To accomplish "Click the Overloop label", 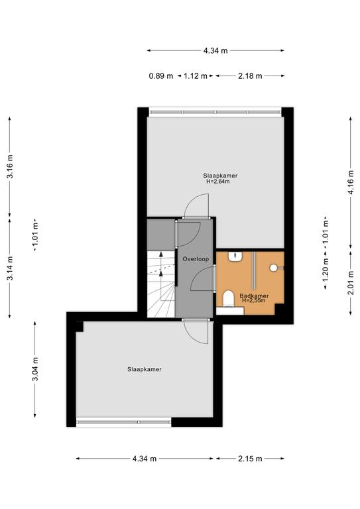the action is [196, 259].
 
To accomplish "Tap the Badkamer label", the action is [254, 296].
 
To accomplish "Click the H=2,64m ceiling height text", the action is [218, 182].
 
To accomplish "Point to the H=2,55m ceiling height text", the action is [253, 301].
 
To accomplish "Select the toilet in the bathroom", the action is [229, 299].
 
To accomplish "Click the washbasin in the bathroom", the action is [235, 256].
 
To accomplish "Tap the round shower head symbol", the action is [274, 268].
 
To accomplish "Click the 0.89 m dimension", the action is [161, 76].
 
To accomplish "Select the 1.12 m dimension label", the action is [196, 76].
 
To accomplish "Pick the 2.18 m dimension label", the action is [250, 76].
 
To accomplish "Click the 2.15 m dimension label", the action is [250, 459].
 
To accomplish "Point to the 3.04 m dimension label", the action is [35, 369].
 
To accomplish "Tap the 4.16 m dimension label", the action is [351, 182].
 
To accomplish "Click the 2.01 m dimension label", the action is [351, 283].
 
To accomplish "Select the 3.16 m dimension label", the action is [10, 166].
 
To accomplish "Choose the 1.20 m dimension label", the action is [326, 270].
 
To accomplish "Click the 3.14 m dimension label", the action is [10, 268].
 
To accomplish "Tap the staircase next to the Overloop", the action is [161, 284].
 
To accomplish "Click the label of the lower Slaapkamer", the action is [144, 369].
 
